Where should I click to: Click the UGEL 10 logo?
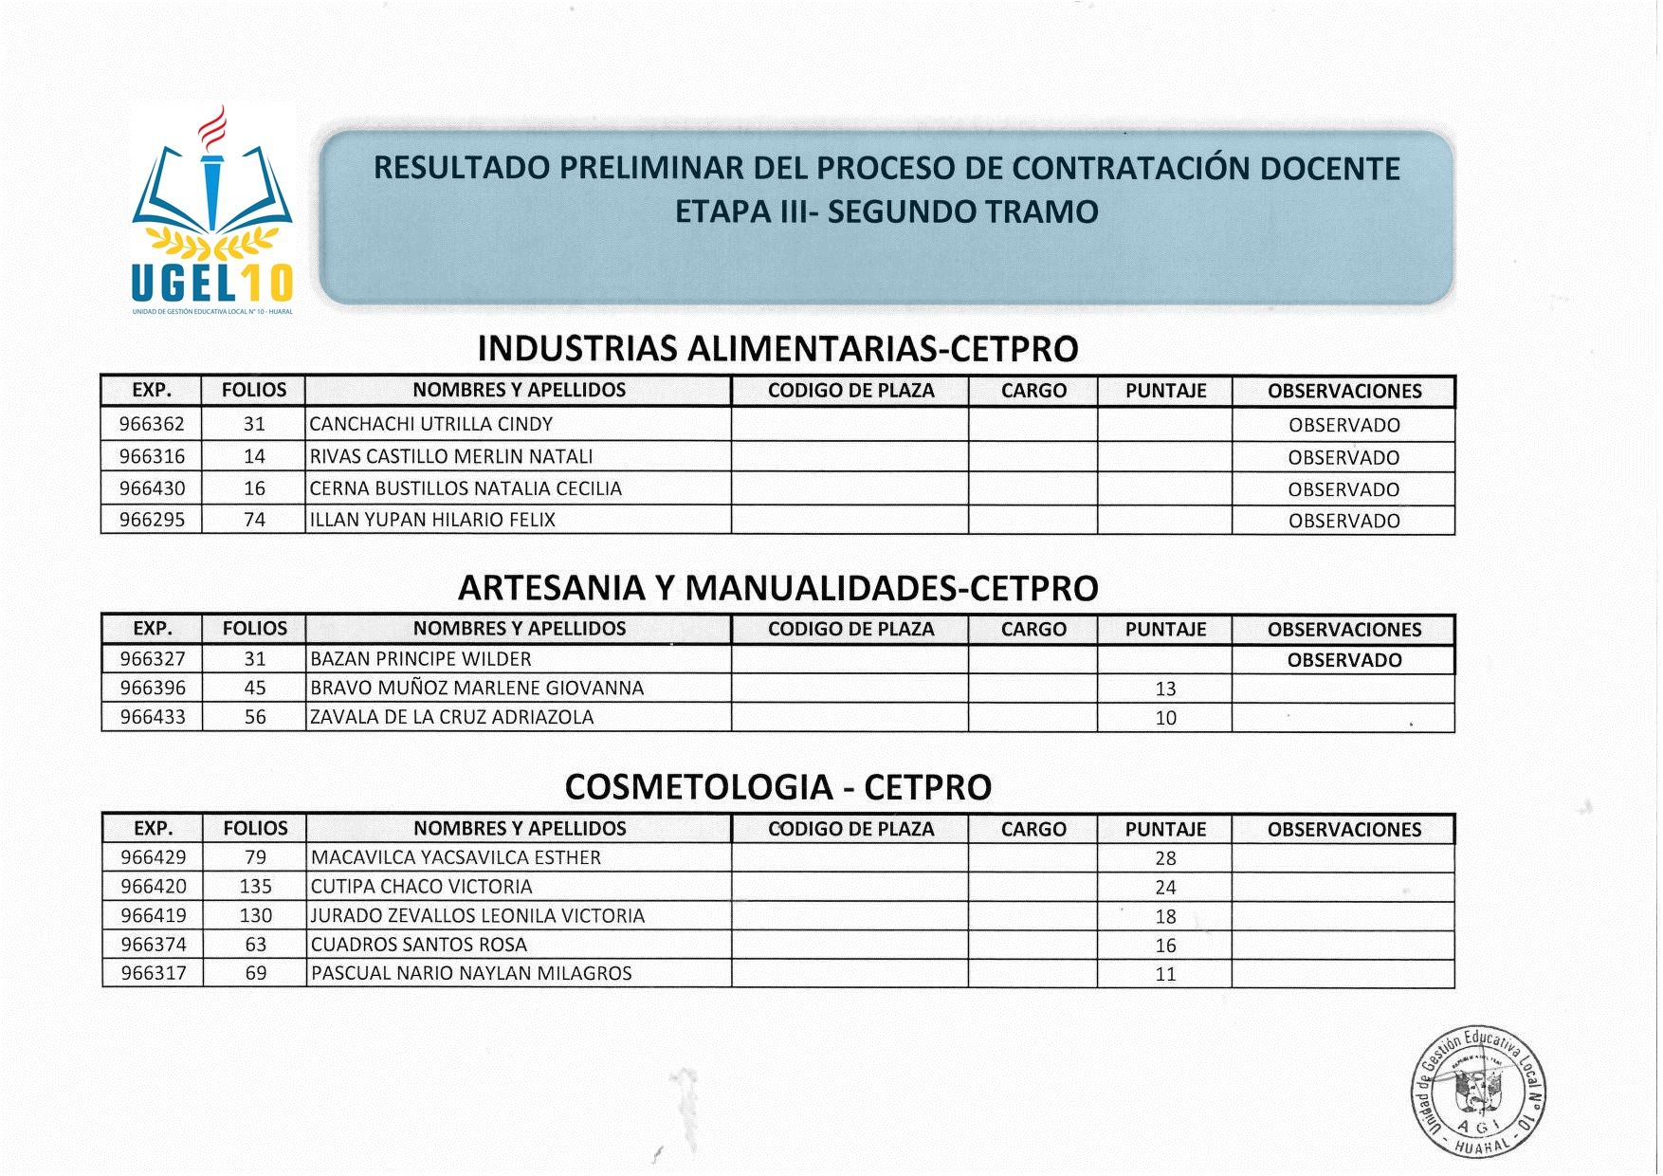coord(212,211)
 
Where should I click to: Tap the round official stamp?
coord(1479,1093)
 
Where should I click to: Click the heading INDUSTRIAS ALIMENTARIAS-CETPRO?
coord(777,349)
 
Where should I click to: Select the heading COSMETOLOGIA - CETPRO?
coord(777,787)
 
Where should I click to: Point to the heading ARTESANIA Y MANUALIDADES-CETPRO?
coord(777,588)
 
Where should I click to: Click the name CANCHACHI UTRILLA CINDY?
coord(431,424)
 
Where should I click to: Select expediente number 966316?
coord(152,456)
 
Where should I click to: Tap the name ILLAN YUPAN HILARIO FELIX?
coord(432,520)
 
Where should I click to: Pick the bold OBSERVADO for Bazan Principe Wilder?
coord(1343,660)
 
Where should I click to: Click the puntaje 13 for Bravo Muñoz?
coord(1165,689)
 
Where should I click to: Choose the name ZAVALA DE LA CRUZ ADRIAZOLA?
coord(452,717)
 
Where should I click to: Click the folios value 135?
coord(255,887)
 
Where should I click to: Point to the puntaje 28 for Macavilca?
coord(1165,858)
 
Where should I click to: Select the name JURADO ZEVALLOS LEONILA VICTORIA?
coord(478,916)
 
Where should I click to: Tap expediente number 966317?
coord(154,973)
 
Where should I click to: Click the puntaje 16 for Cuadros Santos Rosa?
coord(1165,946)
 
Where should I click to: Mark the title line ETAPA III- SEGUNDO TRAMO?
coord(886,211)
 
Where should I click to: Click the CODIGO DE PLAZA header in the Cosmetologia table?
coord(850,829)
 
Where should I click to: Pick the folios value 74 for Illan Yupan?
coord(254,520)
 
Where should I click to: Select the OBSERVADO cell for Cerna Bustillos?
coord(1343,489)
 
